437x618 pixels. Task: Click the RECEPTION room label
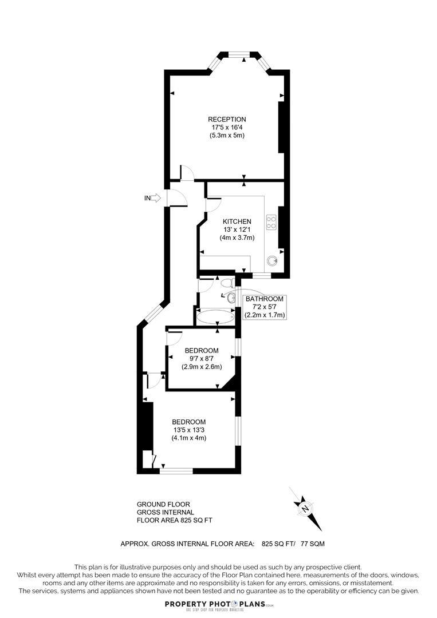point(227,120)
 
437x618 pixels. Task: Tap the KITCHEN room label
point(237,221)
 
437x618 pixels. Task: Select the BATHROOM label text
point(265,299)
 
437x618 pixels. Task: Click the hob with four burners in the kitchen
point(271,222)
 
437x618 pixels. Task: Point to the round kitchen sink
point(271,261)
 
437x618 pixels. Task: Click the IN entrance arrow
point(153,198)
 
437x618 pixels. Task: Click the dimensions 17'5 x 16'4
point(227,128)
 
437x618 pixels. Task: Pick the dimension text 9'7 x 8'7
point(201,359)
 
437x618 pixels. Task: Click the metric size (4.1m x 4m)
point(188,438)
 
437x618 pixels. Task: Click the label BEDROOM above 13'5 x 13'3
point(189,422)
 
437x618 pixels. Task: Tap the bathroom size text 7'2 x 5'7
point(265,307)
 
